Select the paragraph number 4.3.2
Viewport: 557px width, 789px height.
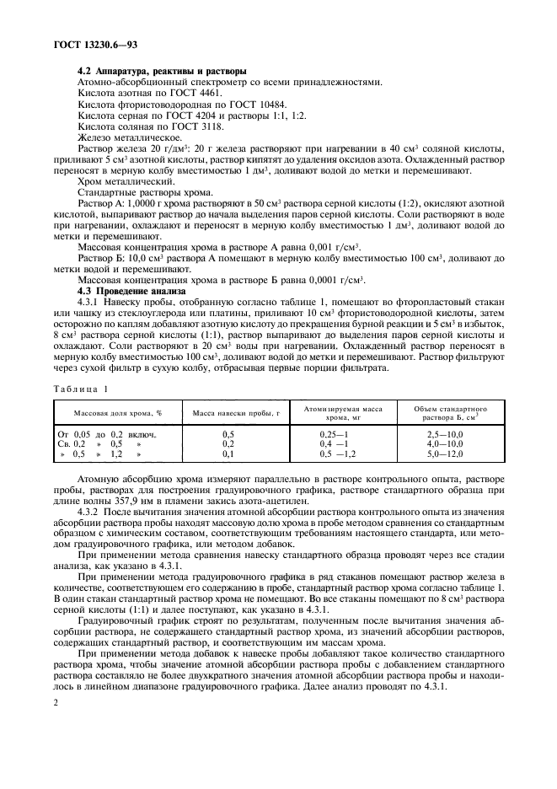pyautogui.click(x=90, y=513)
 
